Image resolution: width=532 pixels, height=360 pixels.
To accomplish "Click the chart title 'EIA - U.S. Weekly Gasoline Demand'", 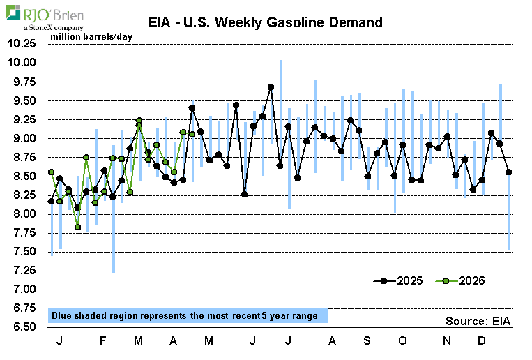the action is pyautogui.click(x=266, y=22).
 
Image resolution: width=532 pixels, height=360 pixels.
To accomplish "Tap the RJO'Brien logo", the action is pyautogui.click(x=45, y=17).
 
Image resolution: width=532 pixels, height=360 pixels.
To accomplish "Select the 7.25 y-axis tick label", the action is pyautogui.click(x=24, y=270).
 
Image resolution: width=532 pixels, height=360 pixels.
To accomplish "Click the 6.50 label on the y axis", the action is pyautogui.click(x=24, y=327).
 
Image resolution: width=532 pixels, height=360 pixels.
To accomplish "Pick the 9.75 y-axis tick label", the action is pyautogui.click(x=24, y=82).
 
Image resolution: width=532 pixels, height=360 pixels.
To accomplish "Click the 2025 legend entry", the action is pyautogui.click(x=397, y=281).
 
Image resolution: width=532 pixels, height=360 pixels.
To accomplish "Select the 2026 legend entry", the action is pyautogui.click(x=460, y=281).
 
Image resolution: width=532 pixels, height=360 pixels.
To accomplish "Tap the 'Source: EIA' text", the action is pyautogui.click(x=478, y=321).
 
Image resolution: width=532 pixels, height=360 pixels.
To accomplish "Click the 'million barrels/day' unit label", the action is pyautogui.click(x=91, y=37).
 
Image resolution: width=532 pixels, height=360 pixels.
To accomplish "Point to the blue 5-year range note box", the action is pyautogui.click(x=188, y=315).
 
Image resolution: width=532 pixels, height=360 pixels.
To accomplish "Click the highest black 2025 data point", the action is pyautogui.click(x=271, y=87).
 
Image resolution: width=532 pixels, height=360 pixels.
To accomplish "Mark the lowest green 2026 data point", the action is pyautogui.click(x=77, y=227).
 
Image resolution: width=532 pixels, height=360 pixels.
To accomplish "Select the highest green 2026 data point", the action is pyautogui.click(x=139, y=120).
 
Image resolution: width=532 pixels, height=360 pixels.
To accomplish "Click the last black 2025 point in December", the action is pyautogui.click(x=508, y=172).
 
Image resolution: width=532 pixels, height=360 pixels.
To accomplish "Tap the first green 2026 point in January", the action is pyautogui.click(x=51, y=172).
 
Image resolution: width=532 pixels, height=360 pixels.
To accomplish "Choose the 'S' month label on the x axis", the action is pyautogui.click(x=367, y=340).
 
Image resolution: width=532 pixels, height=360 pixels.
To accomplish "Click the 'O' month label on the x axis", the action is pyautogui.click(x=402, y=340).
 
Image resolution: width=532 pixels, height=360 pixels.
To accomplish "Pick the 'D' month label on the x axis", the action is pyautogui.click(x=481, y=340).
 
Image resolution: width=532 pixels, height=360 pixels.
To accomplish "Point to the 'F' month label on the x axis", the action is pyautogui.click(x=102, y=340).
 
